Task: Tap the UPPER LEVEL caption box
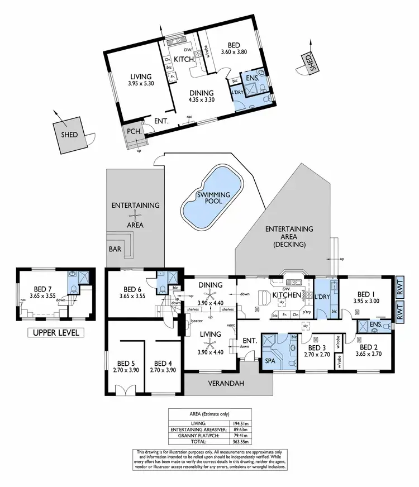[x=56, y=333]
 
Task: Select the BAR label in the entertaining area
[x=115, y=249]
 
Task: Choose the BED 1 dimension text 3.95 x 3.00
[x=366, y=301]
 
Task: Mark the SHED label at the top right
[x=308, y=63]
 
